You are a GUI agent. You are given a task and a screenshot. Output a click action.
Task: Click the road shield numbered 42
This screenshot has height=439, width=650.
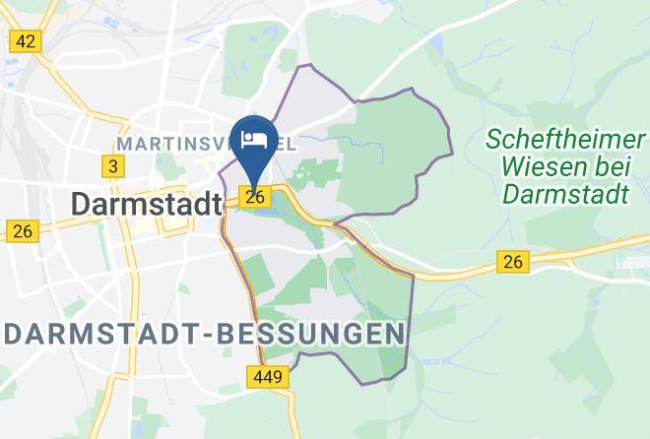(25, 41)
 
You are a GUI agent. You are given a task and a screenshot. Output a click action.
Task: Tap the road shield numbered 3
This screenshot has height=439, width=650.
(113, 166)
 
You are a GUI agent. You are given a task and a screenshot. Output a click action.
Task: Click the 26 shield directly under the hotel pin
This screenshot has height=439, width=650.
(255, 198)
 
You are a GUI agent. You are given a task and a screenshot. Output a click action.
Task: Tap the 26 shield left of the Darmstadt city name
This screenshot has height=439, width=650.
(22, 232)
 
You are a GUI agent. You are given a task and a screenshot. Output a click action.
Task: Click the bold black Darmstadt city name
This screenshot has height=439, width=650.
(145, 205)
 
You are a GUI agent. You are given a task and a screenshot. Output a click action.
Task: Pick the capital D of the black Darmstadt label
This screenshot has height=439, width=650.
(82, 205)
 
